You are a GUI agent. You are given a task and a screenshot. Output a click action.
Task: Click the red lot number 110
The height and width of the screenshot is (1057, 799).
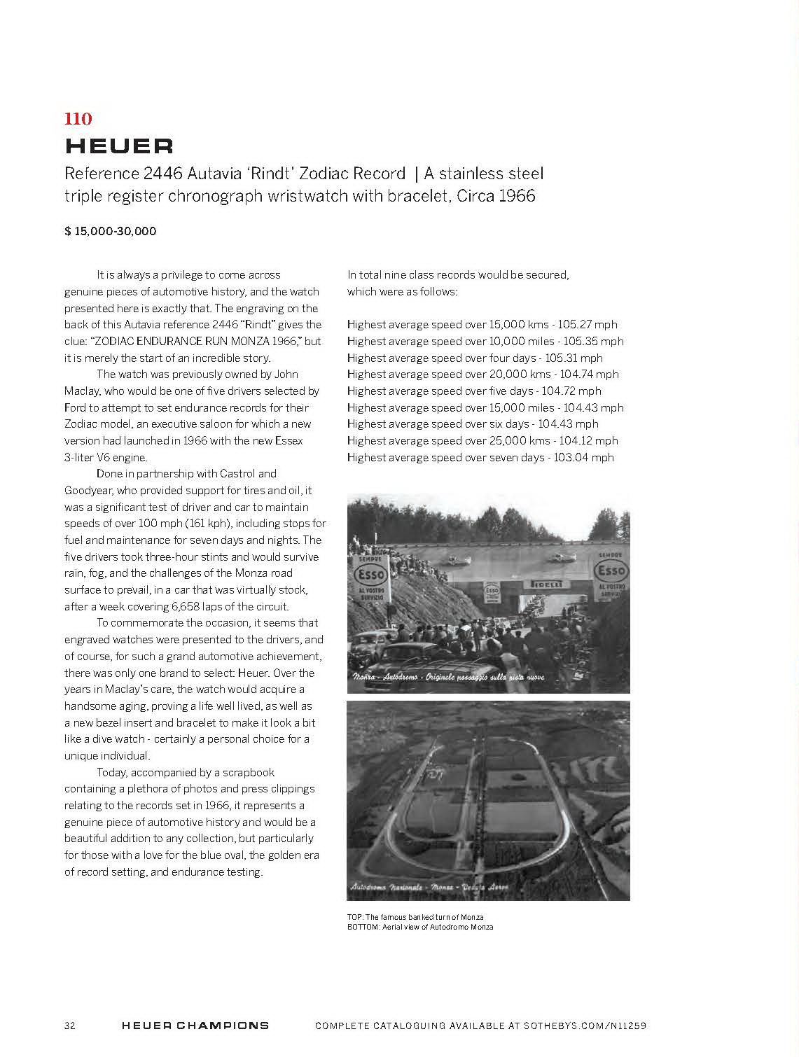tap(78, 118)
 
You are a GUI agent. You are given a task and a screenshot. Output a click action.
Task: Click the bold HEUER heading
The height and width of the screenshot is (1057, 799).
tap(119, 146)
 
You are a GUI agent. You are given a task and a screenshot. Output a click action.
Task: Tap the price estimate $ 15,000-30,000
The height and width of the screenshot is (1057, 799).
tap(111, 231)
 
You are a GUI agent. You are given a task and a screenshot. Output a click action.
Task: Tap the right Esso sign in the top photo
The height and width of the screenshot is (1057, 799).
tap(611, 571)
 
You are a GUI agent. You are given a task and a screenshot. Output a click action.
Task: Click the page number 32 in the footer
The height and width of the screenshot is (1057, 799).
tap(70, 1025)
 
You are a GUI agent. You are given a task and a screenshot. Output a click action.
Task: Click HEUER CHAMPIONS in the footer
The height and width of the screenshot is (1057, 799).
tap(195, 1025)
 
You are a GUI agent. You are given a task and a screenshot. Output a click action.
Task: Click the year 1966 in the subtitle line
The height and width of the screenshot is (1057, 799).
tap(516, 195)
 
